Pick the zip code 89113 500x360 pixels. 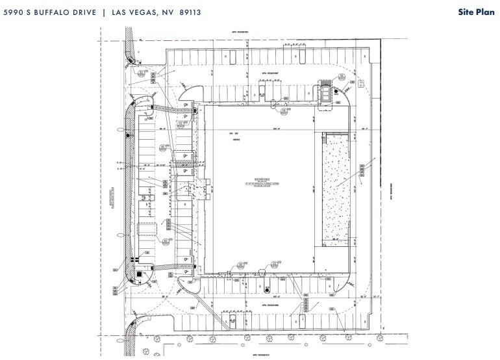tap(197, 11)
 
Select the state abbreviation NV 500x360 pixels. tap(174, 11)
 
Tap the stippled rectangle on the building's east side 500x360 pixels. tap(336, 189)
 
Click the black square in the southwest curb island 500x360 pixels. tap(139, 274)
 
